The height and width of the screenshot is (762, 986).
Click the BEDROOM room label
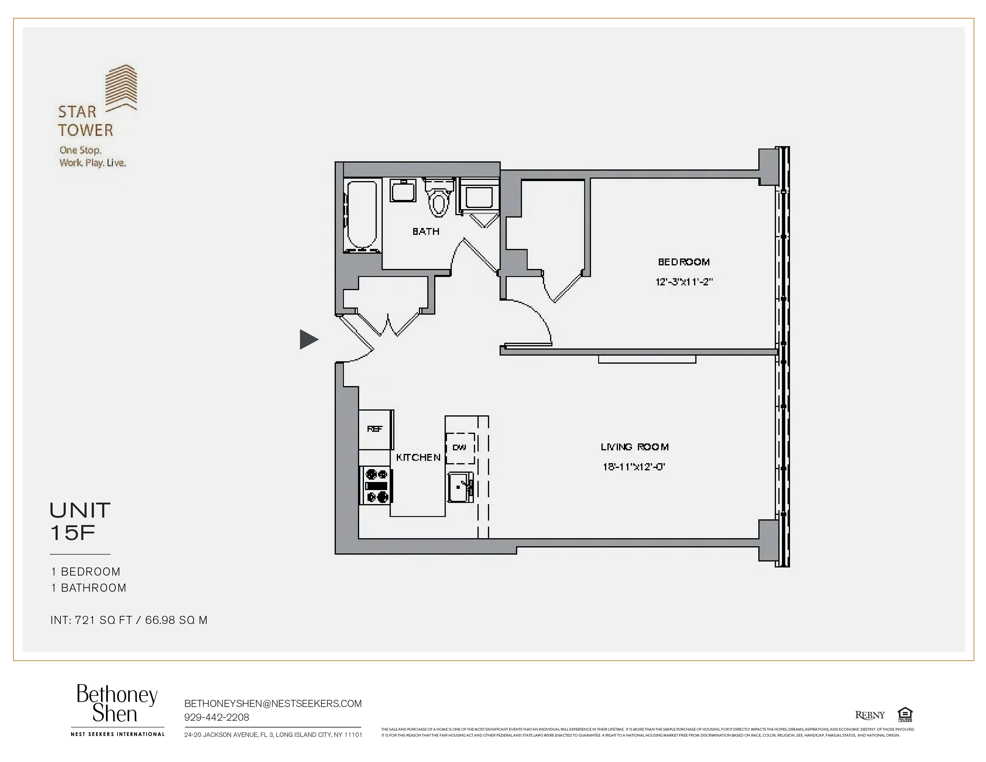pos(684,262)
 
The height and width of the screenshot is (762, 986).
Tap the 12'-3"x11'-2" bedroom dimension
pos(684,282)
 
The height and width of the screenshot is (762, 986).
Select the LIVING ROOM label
pos(634,447)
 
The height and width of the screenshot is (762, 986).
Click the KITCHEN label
pos(418,457)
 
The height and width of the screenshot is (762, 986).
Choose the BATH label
pos(426,232)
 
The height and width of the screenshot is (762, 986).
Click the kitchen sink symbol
pos(460,487)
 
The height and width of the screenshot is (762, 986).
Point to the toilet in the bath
pos(438,199)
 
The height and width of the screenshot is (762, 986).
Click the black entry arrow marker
pos(308,339)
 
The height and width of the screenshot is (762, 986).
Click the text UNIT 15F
pos(80,521)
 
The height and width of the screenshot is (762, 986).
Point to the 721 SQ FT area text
pos(103,620)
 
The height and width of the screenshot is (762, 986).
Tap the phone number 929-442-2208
pos(217,717)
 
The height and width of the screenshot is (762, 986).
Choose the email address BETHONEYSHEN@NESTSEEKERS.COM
pos(273,703)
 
